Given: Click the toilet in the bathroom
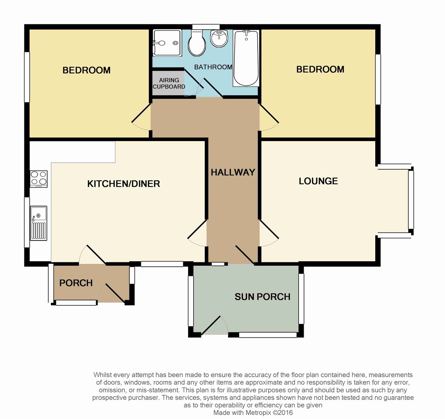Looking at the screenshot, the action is tap(197, 43).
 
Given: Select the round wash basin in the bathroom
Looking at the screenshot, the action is tap(219, 39).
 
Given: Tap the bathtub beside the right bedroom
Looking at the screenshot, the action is tap(246, 58).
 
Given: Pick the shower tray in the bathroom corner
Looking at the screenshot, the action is tap(167, 43).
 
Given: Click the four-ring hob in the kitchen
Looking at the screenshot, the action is tap(39, 179).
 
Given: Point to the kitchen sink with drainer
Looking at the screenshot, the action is tap(39, 223).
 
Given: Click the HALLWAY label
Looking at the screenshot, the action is tap(233, 172).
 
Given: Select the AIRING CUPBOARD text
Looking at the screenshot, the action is tap(169, 83).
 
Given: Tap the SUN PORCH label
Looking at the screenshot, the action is tap(263, 297).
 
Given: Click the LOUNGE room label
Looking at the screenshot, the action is tap(318, 181).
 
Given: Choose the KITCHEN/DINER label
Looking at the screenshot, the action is tap(123, 184).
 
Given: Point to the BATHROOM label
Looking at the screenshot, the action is tap(213, 67).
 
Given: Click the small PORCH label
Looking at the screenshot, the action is tap(76, 283).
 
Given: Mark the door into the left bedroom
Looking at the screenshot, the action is tap(141, 117).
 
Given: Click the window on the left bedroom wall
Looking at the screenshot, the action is tap(27, 77).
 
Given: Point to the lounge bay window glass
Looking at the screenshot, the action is tap(411, 200).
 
